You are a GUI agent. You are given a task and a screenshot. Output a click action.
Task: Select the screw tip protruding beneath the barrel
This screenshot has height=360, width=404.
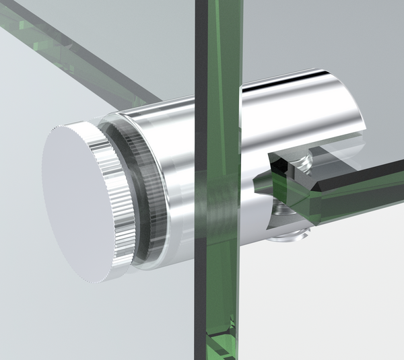point(288,236)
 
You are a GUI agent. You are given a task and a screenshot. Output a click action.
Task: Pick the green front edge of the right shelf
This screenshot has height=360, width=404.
point(350,202)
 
